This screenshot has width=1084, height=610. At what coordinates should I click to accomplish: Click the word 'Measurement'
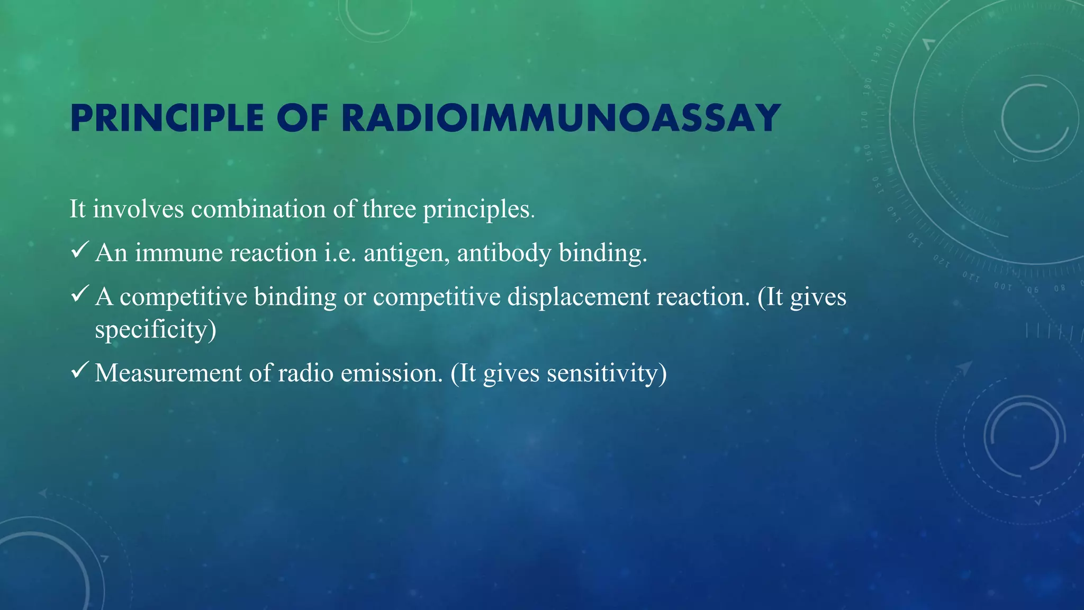168,373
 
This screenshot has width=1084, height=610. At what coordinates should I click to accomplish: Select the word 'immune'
173,253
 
